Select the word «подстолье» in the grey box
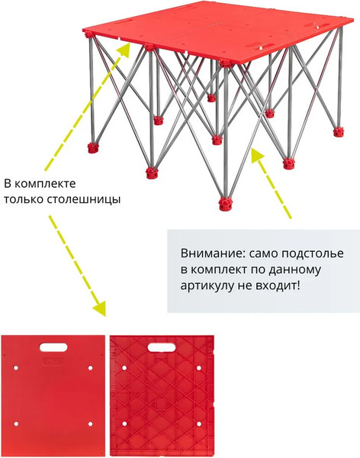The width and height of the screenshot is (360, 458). click(x=313, y=254)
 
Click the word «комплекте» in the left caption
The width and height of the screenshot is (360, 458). click(x=45, y=184)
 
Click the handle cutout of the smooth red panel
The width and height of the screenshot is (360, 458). click(x=53, y=347)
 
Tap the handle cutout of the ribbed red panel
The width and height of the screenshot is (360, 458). click(x=162, y=347)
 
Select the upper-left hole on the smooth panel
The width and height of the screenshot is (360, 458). click(x=16, y=368)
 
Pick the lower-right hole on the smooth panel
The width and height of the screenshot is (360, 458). click(x=91, y=424)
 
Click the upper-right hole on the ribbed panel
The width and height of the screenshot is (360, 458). click(x=199, y=368)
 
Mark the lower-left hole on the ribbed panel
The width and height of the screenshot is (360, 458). click(x=124, y=424)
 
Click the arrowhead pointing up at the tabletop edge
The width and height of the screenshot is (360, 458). click(x=124, y=50)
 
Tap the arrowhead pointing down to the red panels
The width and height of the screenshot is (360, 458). click(x=100, y=308)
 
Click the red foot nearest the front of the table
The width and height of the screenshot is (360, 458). click(x=226, y=204)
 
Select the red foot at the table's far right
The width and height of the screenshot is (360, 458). click(x=339, y=131)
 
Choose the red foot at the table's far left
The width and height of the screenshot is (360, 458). click(x=93, y=148)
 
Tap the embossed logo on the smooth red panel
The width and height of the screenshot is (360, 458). click(x=53, y=361)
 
